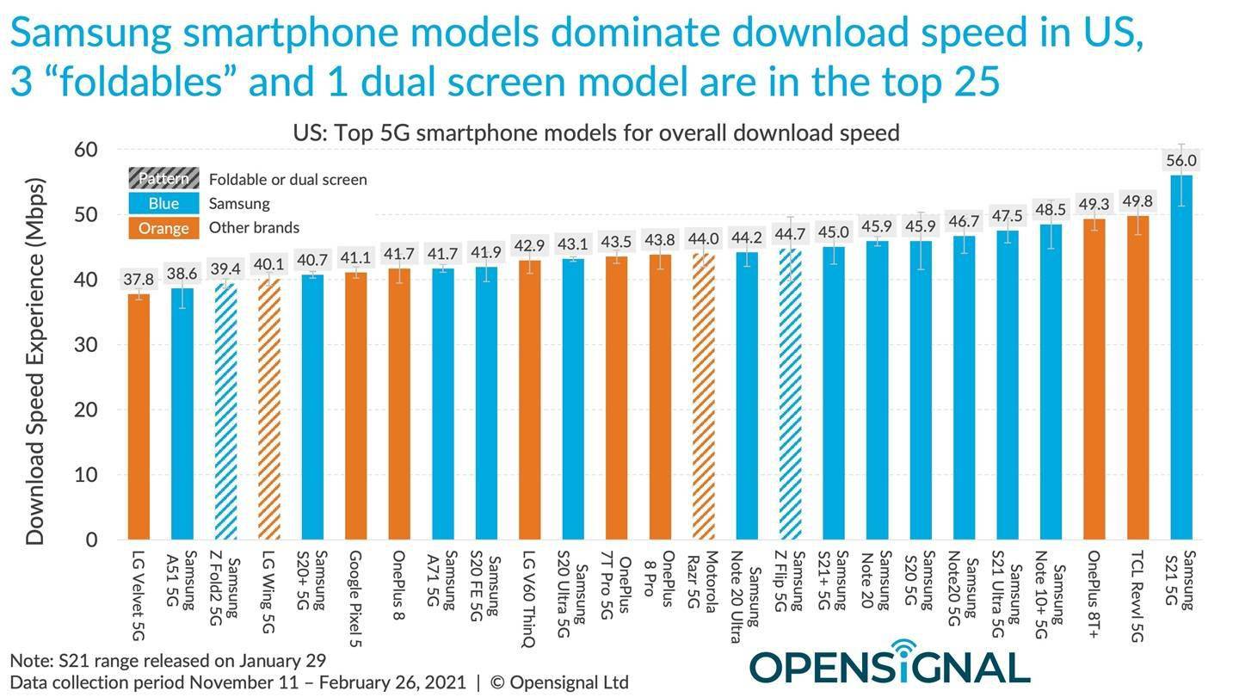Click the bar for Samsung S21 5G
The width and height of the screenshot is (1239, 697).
pos(1180,357)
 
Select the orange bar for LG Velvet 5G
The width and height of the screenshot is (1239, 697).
pos(139,416)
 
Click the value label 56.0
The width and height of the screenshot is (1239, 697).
pos(1180,160)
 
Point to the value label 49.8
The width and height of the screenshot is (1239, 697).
pos(1137,201)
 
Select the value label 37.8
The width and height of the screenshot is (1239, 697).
pos(139,280)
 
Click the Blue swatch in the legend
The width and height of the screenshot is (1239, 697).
pos(163,204)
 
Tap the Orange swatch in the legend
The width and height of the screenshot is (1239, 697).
pos(163,228)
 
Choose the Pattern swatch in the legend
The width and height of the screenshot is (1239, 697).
pos(163,179)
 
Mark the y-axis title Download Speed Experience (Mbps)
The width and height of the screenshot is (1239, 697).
pos(34,361)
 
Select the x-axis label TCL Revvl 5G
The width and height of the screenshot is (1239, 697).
pos(1137,595)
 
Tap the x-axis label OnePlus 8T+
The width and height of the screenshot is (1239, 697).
pos(1094,594)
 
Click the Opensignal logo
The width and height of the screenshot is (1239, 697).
pos(890,665)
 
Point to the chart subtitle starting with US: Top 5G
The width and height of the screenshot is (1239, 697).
pos(595,133)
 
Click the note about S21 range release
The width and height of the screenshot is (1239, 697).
pos(168,661)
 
